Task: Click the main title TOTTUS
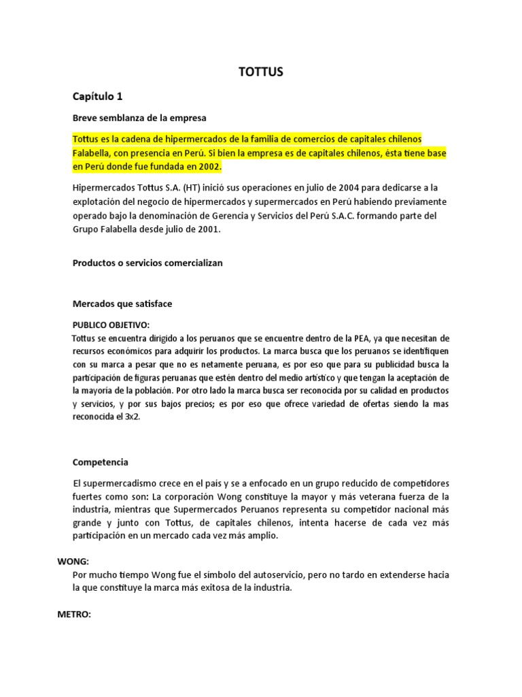[261, 72]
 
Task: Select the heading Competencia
[100, 462]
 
